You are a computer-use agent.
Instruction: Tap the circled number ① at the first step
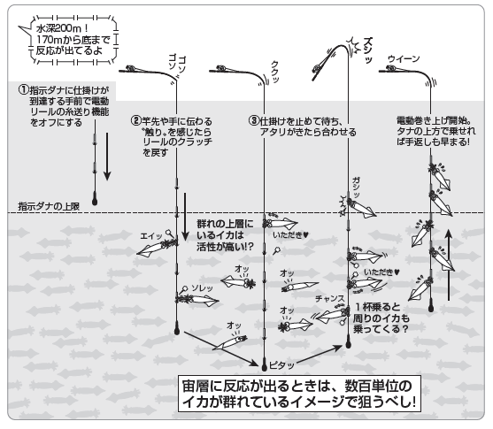(24, 91)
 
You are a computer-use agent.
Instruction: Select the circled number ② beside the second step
(135, 120)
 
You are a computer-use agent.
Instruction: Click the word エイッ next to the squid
(150, 236)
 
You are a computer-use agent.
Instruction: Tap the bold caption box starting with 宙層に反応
(296, 395)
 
